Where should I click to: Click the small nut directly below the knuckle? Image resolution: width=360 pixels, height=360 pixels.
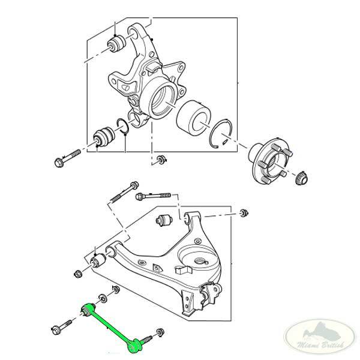(161, 160)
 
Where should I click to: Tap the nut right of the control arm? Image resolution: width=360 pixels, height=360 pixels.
(244, 212)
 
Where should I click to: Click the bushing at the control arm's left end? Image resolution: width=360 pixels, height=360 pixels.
(98, 262)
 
